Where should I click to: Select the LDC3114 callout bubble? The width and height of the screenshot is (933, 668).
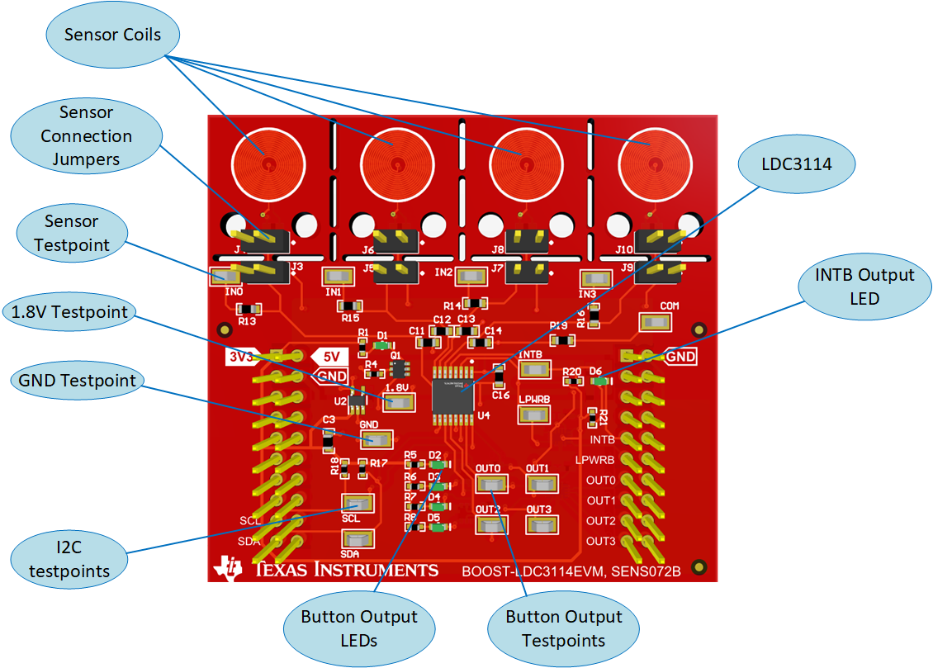click(x=797, y=165)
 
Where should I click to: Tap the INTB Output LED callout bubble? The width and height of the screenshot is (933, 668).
click(x=865, y=287)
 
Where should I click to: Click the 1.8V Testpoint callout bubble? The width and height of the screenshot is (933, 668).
click(x=69, y=312)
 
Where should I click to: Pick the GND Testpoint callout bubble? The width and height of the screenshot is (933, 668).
click(x=77, y=381)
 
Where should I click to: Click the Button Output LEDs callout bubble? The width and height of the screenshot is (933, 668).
click(x=359, y=628)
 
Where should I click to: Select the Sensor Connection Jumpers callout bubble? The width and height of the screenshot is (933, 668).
click(x=87, y=135)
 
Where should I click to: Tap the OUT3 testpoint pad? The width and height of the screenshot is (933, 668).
click(x=541, y=525)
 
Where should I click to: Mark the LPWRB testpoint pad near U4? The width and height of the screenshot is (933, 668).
click(x=534, y=415)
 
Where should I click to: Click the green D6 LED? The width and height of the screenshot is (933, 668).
click(x=602, y=381)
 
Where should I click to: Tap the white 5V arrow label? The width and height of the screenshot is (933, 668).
click(x=329, y=357)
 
